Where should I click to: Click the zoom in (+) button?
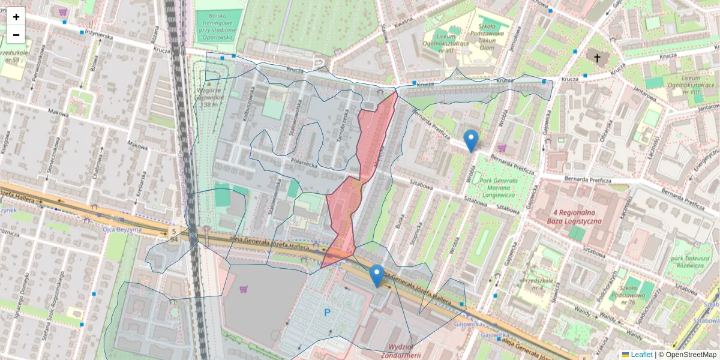pyautogui.click(x=16, y=17)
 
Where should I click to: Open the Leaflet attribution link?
pyautogui.click(x=640, y=355)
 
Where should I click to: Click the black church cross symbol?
pyautogui.click(x=596, y=58)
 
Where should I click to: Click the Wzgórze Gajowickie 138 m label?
pyautogui.click(x=210, y=96)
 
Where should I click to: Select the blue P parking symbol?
pyautogui.click(x=327, y=312)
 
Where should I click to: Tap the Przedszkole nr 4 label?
pyautogui.click(x=539, y=283)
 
